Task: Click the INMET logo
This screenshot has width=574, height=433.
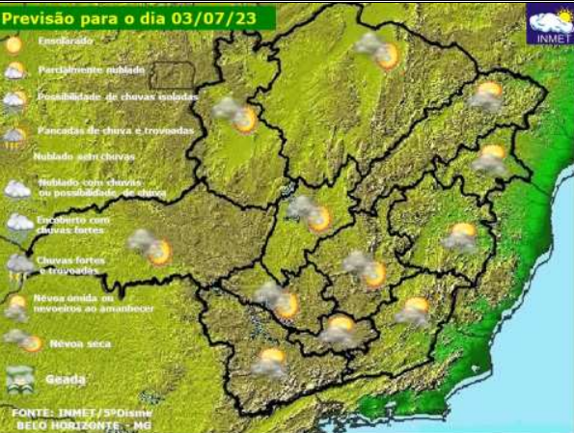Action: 550,25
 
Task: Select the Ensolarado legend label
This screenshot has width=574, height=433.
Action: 67,43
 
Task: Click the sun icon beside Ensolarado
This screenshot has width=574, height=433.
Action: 14,44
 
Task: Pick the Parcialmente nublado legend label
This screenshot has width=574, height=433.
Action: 91,70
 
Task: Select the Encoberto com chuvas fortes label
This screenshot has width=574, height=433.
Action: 75,225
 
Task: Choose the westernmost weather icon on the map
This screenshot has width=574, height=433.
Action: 150,246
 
